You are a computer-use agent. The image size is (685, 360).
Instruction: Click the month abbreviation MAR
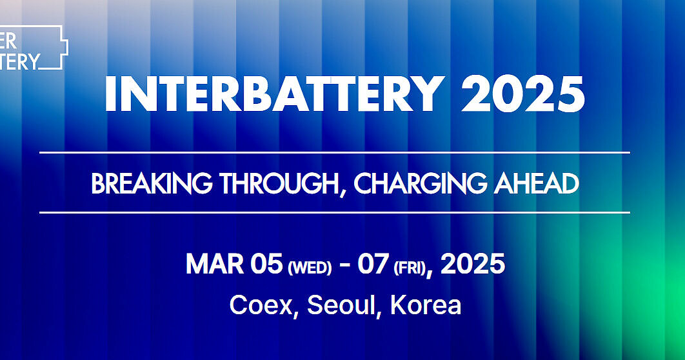pos(212,265)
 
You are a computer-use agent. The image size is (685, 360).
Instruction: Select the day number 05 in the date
pos(266,265)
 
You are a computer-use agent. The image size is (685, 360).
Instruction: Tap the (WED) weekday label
pos(310,267)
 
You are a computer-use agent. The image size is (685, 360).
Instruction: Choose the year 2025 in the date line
pos(473,265)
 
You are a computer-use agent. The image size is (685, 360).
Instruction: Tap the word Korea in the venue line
pos(426,305)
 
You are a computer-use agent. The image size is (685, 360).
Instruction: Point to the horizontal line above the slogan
pos(334,153)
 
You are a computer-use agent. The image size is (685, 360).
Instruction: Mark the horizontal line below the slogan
pos(334,212)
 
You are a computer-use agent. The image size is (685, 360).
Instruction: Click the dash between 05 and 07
pos(344,265)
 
